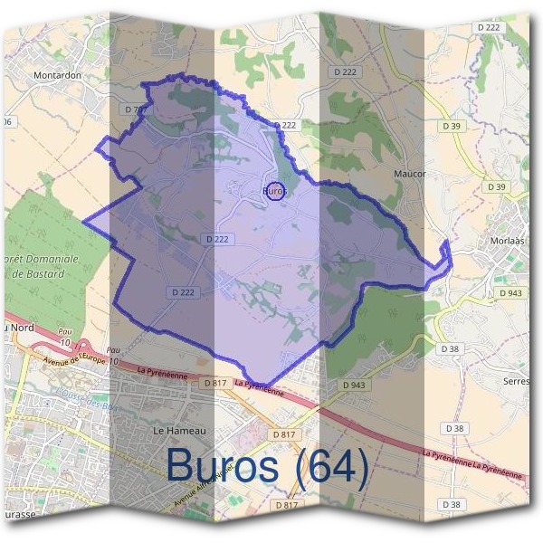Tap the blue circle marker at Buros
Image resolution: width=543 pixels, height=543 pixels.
pyautogui.click(x=278, y=191)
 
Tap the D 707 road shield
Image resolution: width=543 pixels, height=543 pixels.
pyautogui.click(x=134, y=110)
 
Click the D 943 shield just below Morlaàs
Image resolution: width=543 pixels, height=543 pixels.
pyautogui.click(x=510, y=294)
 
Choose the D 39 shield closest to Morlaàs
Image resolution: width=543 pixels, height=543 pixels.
pyautogui.click(x=496, y=186)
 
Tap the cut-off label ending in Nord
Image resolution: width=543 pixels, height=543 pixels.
pyautogui.click(x=16, y=328)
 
